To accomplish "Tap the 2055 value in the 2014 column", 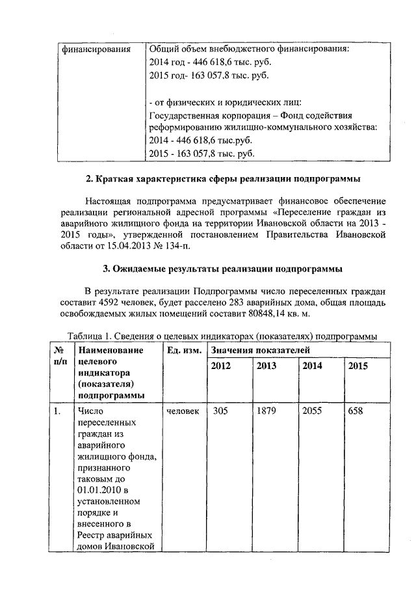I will click(313, 411).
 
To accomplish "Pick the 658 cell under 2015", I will click(357, 411).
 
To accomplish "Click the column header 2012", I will click(221, 366).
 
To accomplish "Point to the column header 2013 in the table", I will click(266, 366).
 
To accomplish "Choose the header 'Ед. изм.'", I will click(183, 351).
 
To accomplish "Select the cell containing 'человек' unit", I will click(183, 411).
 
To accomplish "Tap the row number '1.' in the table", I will click(59, 411).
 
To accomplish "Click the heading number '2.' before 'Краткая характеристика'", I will click(90, 179).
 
